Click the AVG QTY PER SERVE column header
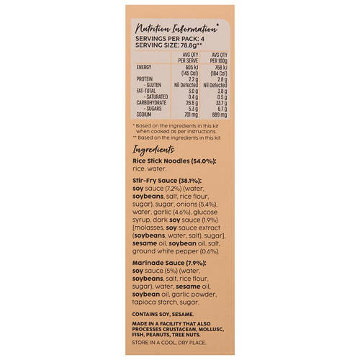[190, 57]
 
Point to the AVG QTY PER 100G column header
[219, 57]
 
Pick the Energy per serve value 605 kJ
[189, 67]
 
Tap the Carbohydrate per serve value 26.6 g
[191, 102]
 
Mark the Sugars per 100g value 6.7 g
[221, 109]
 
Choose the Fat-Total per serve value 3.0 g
[193, 91]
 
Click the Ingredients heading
[156, 148]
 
